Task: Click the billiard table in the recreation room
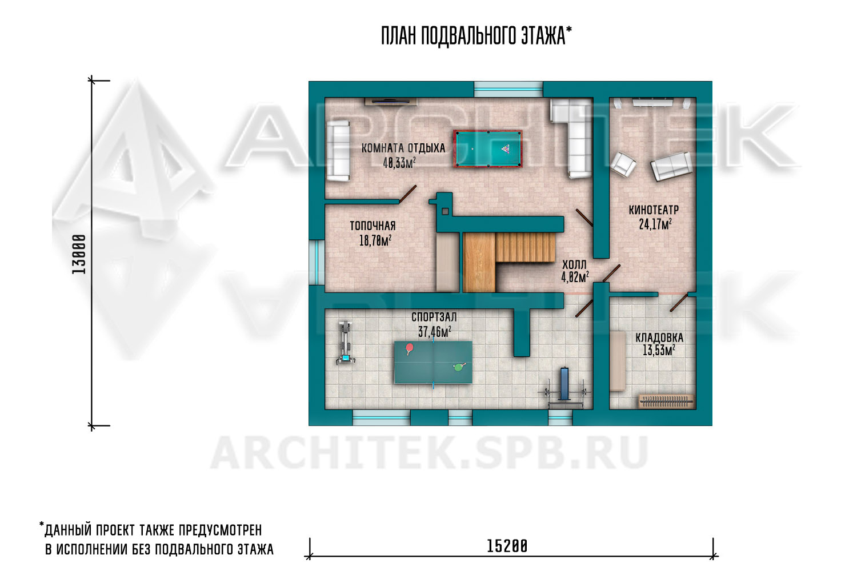[x=488, y=149]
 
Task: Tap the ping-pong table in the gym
[x=434, y=362]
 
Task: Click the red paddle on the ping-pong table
[x=410, y=348]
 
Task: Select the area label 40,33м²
[x=399, y=163]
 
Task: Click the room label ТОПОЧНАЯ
[x=373, y=226]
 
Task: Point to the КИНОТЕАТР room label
[x=654, y=210]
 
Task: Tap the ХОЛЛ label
[x=574, y=264]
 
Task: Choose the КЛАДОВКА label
[x=659, y=337]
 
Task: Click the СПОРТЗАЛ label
[x=434, y=317]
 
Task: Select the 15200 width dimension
[x=507, y=546]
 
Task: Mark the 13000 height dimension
[x=79, y=254]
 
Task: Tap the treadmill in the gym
[x=346, y=342]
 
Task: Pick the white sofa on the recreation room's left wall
[x=338, y=151]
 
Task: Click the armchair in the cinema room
[x=623, y=164]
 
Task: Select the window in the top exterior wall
[x=508, y=89]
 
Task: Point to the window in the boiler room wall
[x=317, y=262]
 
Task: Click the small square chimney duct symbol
[x=445, y=211]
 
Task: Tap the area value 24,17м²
[x=655, y=224]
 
